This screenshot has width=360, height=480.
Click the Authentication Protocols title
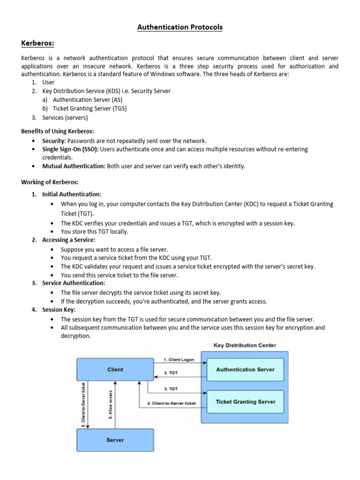180,27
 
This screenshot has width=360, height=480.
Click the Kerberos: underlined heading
38,44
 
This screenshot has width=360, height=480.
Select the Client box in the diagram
115,369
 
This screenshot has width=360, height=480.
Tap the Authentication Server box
245,369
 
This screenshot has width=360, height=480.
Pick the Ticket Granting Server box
245,402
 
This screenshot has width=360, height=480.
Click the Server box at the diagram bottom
115,440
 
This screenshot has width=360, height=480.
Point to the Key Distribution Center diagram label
245,345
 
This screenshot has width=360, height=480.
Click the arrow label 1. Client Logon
179,360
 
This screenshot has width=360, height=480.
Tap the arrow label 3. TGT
171,389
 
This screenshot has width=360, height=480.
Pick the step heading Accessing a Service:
68,240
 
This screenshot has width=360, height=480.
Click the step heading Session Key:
59,310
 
